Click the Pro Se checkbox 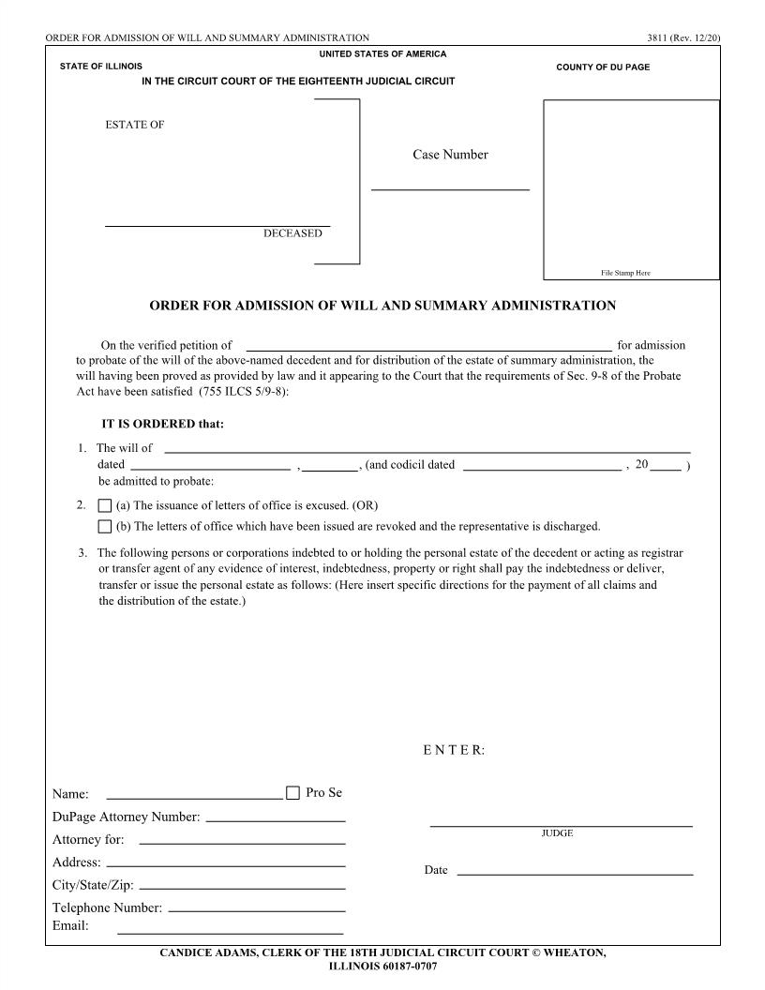pos(292,792)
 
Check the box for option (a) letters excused pos(105,506)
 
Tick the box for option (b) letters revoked pos(105,526)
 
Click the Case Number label pos(450,155)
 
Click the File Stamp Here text pos(625,273)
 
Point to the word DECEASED pos(292,233)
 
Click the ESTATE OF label pos(135,125)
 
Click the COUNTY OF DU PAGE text pos(603,67)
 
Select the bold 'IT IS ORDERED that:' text pos(162,423)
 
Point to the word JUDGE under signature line pos(557,832)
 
